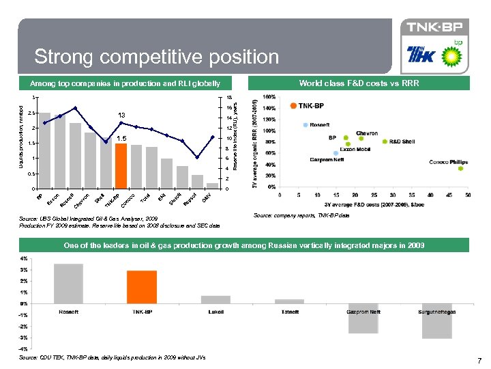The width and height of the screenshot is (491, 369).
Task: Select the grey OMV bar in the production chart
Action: (212, 185)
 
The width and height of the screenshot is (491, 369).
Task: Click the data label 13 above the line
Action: (120, 114)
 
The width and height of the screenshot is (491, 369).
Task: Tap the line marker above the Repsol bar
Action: (197, 157)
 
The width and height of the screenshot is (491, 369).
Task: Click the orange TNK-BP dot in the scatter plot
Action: (293, 106)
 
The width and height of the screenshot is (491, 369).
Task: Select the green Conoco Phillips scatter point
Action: (460, 168)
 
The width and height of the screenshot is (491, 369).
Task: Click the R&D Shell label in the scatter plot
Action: (402, 141)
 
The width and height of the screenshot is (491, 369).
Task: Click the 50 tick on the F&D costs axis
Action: (468, 195)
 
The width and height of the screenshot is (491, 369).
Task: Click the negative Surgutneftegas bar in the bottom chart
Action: (436, 320)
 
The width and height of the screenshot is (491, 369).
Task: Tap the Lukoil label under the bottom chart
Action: (215, 312)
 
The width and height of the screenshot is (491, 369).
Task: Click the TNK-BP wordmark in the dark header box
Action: (434, 27)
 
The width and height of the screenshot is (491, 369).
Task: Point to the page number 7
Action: (479, 360)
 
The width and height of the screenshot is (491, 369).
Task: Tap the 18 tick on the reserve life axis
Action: (229, 97)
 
